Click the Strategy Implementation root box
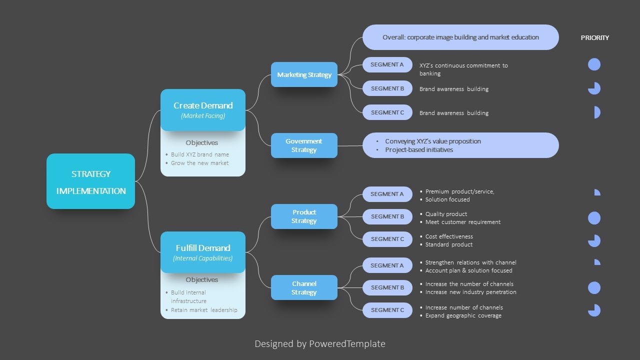click(x=90, y=181)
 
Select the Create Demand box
click(x=203, y=109)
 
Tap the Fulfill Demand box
click(x=203, y=252)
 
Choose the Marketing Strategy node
click(x=304, y=74)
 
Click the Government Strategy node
click(x=304, y=145)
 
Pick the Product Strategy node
click(x=304, y=216)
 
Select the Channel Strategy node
click(x=304, y=287)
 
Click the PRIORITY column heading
click(x=594, y=38)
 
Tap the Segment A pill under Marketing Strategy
click(x=387, y=64)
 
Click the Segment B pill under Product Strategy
click(x=387, y=216)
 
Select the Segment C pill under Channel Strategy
click(x=387, y=310)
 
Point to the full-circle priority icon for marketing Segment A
click(x=594, y=64)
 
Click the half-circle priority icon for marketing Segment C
click(x=596, y=112)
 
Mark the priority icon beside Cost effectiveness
click(x=594, y=240)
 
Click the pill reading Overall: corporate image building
click(x=460, y=37)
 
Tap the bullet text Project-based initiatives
click(x=418, y=150)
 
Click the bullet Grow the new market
click(x=199, y=163)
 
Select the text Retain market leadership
click(x=204, y=310)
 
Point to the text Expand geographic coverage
click(x=463, y=315)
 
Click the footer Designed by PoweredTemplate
click(x=320, y=344)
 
